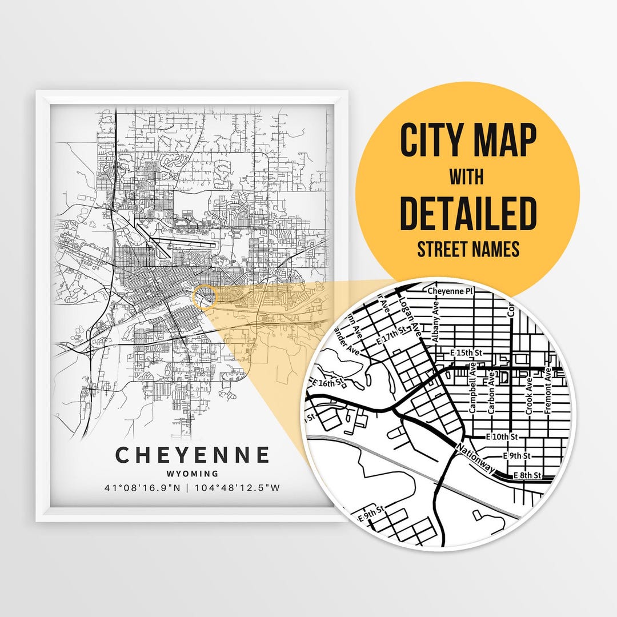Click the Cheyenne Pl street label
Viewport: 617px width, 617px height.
click(x=451, y=291)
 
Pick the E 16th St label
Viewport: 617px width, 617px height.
click(x=328, y=382)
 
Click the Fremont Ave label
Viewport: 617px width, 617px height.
click(x=548, y=391)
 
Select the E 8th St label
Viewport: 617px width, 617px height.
click(x=526, y=476)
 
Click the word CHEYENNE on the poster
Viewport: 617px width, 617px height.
click(x=193, y=455)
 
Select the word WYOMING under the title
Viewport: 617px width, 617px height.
click(x=193, y=474)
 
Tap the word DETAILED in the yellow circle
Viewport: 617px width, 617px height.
click(x=468, y=213)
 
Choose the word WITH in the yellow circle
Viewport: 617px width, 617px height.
click(x=466, y=177)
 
